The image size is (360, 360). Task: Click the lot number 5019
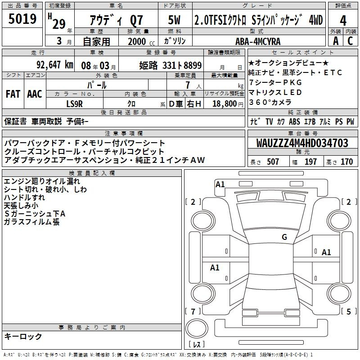click(x=22, y=18)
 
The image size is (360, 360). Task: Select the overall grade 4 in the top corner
click(x=343, y=20)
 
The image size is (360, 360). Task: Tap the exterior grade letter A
click(x=336, y=41)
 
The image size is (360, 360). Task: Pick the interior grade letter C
click(x=350, y=41)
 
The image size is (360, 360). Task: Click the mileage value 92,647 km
click(x=55, y=64)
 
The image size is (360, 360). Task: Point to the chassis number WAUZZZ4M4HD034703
click(x=302, y=143)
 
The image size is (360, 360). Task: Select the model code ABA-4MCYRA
click(x=258, y=41)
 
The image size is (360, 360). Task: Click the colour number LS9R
click(x=74, y=104)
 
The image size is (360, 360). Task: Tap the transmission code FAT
click(x=13, y=94)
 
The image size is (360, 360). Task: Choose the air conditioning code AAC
click(x=35, y=94)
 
